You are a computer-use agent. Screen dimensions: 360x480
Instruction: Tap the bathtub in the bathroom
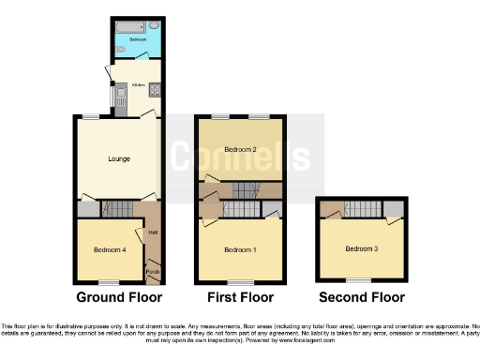pos(126,27)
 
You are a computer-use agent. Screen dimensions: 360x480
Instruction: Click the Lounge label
pos(119,158)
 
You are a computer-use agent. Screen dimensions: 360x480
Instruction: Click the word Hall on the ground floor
pos(152,231)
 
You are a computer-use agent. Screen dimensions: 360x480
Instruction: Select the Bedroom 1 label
pos(241,249)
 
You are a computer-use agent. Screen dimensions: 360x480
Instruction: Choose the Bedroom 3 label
pos(361,248)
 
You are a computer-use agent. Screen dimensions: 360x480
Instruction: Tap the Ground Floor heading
pos(118,297)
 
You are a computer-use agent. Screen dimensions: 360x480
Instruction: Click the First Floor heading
pos(240,297)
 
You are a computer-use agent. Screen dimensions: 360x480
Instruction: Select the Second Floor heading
pos(362,297)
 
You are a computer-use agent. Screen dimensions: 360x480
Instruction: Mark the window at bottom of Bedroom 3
pos(357,279)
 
